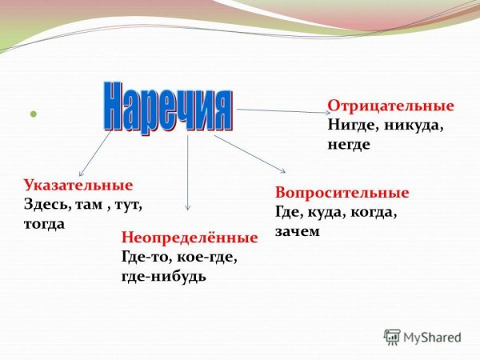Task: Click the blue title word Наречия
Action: click(x=168, y=107)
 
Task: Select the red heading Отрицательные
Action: click(x=390, y=106)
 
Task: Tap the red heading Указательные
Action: click(x=78, y=186)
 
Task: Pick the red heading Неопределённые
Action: click(x=189, y=238)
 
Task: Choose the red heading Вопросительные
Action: click(x=342, y=193)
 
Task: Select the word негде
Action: click(x=349, y=145)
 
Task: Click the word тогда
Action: click(x=45, y=224)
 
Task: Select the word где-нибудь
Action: click(x=163, y=277)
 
